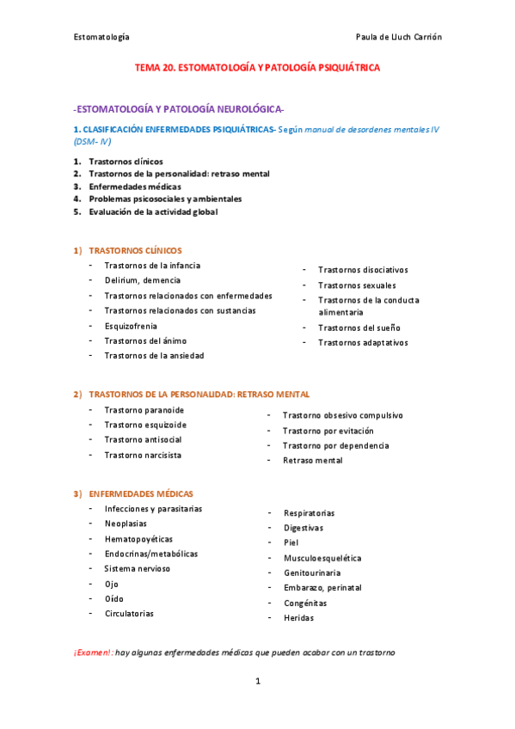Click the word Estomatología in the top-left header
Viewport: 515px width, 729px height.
click(101, 37)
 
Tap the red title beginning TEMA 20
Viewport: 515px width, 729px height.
click(257, 67)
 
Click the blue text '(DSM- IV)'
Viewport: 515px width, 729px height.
click(92, 140)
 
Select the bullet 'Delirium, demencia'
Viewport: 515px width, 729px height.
click(143, 280)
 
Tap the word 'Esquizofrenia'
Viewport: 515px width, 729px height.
click(131, 326)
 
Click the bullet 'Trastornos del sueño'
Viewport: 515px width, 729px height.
click(359, 328)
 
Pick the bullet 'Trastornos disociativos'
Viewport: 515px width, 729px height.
click(363, 270)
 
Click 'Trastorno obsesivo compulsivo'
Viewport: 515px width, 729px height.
click(342, 415)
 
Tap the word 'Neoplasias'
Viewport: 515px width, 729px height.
click(126, 524)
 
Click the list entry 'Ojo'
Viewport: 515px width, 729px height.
click(111, 584)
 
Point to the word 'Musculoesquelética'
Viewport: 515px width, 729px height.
click(322, 558)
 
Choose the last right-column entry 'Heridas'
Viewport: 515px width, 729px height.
click(298, 618)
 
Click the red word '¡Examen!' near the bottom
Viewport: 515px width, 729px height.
click(92, 652)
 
